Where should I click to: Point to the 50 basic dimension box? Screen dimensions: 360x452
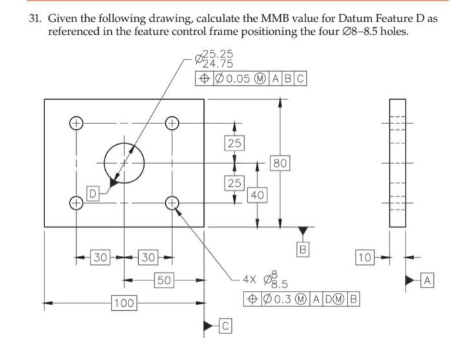(164, 280)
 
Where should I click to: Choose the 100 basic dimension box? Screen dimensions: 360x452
(123, 302)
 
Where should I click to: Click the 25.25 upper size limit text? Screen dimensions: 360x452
(218, 55)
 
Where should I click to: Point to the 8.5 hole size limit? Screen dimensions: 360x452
(281, 285)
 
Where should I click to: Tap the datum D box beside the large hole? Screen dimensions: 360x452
(93, 193)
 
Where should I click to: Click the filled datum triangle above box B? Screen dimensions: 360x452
(302, 231)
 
